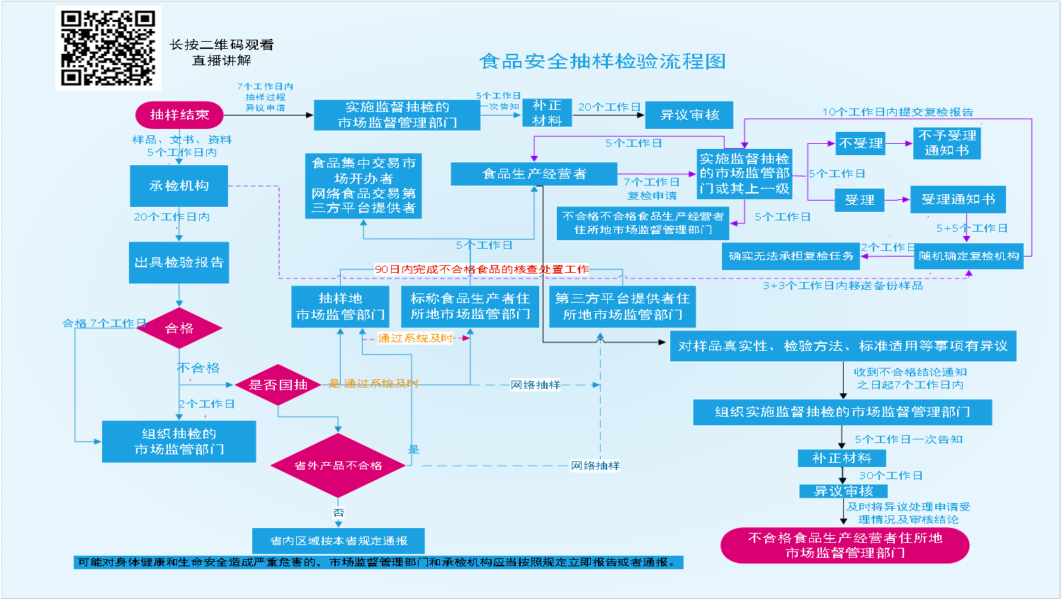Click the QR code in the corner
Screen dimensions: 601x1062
click(108, 48)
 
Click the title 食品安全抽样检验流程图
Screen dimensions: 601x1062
click(602, 62)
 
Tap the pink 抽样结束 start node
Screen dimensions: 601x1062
click(179, 115)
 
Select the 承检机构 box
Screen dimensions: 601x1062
click(179, 186)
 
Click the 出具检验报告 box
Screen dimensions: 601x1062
click(179, 262)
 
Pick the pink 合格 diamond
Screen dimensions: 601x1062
click(179, 328)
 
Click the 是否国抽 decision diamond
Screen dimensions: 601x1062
click(278, 385)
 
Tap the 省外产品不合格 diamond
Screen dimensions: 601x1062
click(338, 466)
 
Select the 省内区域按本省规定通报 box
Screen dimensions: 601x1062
click(339, 541)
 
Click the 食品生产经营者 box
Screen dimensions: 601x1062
click(534, 174)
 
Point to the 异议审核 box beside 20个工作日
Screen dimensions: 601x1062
click(689, 115)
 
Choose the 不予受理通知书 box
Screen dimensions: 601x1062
click(947, 142)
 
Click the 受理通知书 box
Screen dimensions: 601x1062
click(958, 200)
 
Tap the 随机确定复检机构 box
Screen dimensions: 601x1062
click(968, 256)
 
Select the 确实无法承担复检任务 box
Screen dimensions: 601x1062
click(791, 256)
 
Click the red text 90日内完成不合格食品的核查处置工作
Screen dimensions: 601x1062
click(482, 269)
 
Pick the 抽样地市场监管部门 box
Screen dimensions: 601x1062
click(340, 306)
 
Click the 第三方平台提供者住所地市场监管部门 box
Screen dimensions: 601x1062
click(622, 306)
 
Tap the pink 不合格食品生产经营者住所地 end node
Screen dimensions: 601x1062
click(844, 545)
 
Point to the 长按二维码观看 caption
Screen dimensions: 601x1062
click(221, 45)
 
